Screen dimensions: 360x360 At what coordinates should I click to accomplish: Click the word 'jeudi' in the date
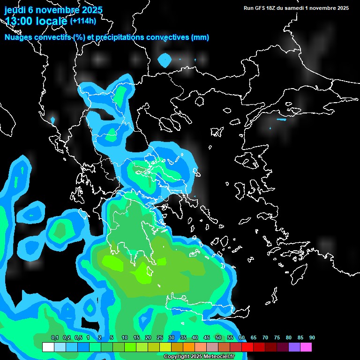(x=15, y=10)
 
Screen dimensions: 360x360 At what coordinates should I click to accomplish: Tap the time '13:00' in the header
(x=19, y=21)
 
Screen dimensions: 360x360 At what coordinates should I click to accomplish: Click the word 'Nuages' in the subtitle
(x=19, y=37)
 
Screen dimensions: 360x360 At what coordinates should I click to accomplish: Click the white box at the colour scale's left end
(x=48, y=347)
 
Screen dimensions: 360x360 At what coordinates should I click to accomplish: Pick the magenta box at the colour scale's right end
(x=306, y=347)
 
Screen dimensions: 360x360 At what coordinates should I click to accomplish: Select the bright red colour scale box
(x=247, y=347)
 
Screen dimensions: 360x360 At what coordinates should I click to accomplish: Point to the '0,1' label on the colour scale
(x=55, y=337)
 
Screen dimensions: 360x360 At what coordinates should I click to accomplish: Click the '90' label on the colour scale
(x=312, y=337)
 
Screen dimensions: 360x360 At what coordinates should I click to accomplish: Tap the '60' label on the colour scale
(x=242, y=337)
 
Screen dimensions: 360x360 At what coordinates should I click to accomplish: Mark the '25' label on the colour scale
(x=160, y=337)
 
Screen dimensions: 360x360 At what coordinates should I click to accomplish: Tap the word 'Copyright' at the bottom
(x=176, y=357)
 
